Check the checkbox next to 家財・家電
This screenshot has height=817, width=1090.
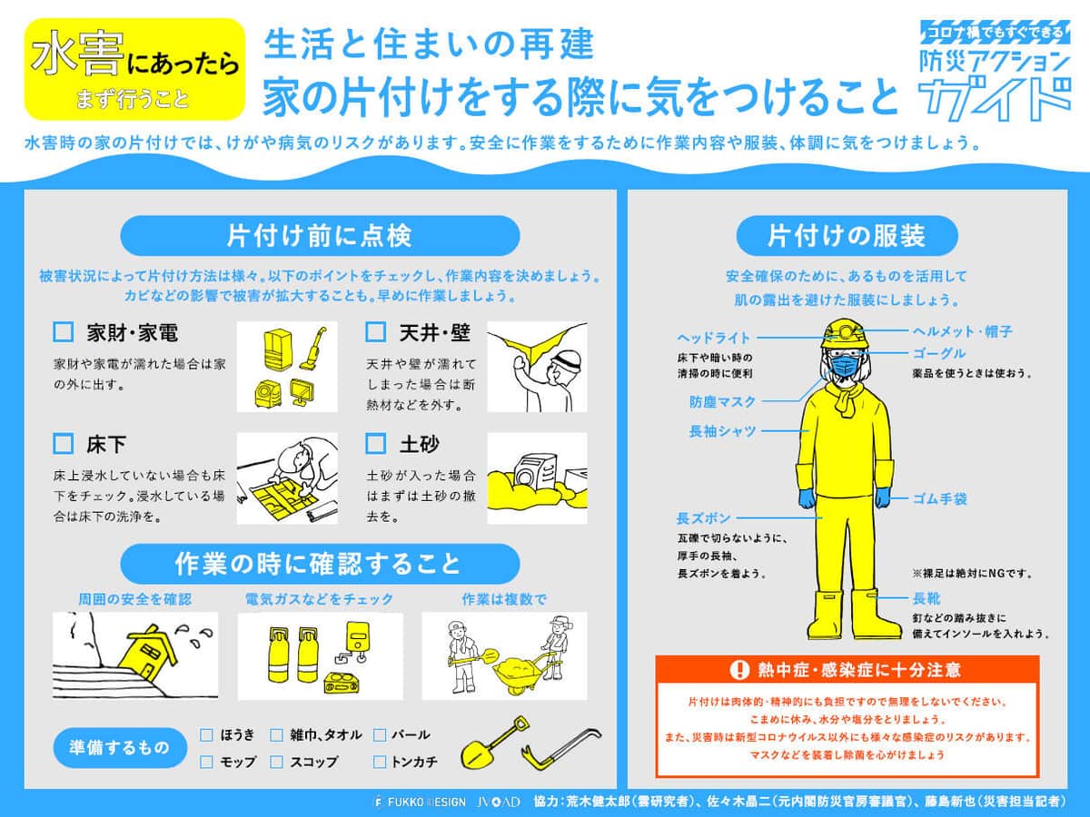coord(63,331)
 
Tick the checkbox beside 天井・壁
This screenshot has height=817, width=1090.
coord(375,331)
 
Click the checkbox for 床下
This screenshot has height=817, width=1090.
coord(63,444)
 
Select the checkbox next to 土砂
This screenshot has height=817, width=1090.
coord(375,444)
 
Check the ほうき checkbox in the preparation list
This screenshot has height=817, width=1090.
coord(206,734)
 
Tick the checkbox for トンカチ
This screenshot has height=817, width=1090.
coord(380,762)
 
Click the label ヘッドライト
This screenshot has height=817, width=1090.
coord(714,338)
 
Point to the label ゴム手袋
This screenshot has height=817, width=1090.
coord(940,498)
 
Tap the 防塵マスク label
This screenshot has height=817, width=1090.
coord(722,401)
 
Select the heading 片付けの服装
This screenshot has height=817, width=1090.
coord(847,236)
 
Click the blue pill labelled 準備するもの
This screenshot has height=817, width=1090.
coord(120,747)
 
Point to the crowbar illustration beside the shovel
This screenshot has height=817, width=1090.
coord(561,749)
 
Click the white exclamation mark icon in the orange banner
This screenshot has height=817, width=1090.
coord(739,670)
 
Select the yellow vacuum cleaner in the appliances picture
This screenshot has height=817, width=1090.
coord(312,349)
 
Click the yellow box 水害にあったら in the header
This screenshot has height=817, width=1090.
coord(135,70)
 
